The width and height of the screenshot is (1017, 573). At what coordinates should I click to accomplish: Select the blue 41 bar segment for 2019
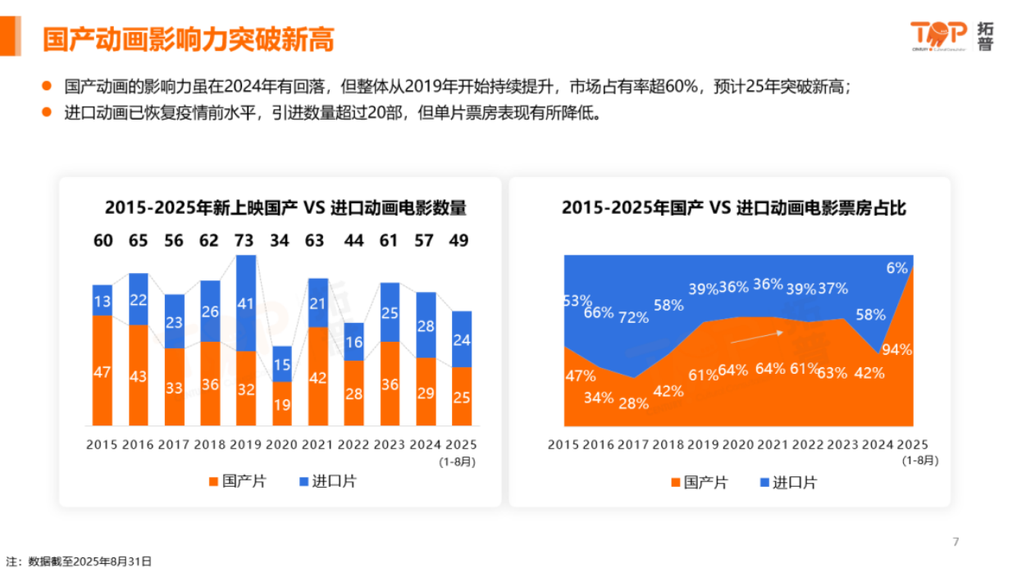pos(246,302)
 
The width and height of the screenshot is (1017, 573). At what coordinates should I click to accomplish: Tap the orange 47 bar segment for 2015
pos(103,371)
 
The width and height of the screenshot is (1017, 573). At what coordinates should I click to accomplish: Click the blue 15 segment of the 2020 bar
pos(282,364)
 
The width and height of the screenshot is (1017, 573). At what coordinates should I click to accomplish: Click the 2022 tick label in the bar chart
pos(353,444)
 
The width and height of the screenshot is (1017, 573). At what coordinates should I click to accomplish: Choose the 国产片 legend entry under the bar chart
pos(238,481)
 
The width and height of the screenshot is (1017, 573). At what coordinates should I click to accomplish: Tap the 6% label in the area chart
pos(896,268)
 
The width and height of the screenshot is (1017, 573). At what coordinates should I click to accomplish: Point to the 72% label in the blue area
pos(633,317)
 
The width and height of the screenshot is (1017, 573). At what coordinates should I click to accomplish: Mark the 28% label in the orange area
pos(633,403)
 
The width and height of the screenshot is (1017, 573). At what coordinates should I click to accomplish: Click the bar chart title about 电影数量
pos(285,207)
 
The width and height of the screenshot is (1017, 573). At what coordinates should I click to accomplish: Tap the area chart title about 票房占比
pos(733,207)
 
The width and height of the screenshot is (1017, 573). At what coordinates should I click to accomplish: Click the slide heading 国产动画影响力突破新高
pos(189,39)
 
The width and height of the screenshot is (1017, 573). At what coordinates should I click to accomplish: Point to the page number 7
pos(955,542)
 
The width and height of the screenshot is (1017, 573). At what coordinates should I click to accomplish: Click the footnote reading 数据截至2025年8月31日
pos(89,562)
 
